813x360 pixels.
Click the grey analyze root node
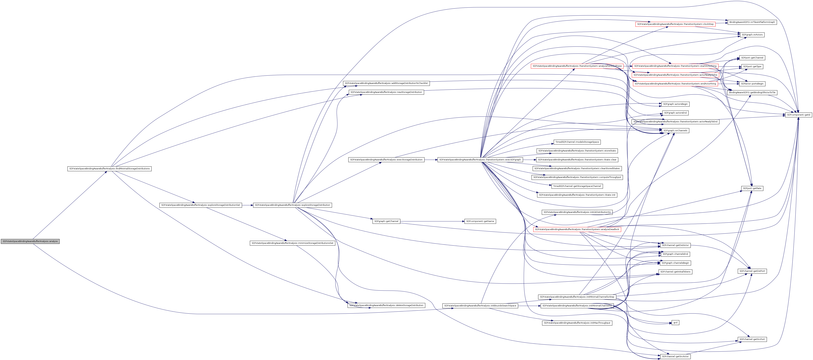point(30,241)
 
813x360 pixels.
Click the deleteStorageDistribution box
point(386,305)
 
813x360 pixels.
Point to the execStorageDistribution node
point(386,160)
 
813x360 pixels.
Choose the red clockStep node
point(675,24)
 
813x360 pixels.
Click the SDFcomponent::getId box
point(798,115)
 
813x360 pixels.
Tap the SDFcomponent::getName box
point(480,221)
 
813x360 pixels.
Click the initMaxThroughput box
point(577,323)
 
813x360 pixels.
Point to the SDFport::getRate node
point(752,188)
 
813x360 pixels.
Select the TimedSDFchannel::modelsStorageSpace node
point(577,142)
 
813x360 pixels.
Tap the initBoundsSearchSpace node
point(480,306)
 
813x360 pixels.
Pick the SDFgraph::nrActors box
point(752,35)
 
